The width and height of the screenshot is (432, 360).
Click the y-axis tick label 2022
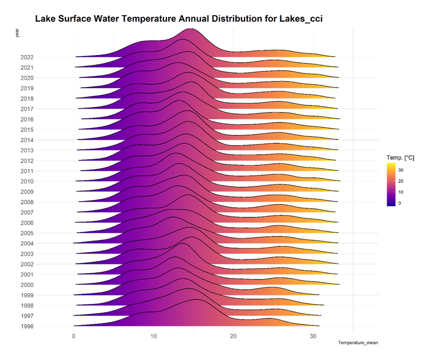click(27, 57)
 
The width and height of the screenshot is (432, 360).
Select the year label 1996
click(27, 326)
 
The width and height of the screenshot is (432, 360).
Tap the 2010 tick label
click(27, 181)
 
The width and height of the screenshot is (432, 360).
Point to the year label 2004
click(27, 243)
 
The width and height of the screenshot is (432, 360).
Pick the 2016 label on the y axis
click(27, 119)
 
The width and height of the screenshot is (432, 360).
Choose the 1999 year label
click(27, 295)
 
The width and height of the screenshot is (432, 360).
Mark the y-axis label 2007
click(27, 212)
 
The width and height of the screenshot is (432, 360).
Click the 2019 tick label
click(27, 88)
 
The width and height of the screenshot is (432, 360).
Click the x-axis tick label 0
click(74, 335)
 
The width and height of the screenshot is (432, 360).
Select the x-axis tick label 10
click(154, 335)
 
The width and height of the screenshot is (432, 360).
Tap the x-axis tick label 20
click(233, 335)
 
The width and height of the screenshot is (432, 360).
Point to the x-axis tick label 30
click(313, 335)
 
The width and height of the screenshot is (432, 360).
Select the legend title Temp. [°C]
click(400, 157)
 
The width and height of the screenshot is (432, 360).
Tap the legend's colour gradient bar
click(392, 184)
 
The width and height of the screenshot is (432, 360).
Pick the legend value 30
click(406, 170)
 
